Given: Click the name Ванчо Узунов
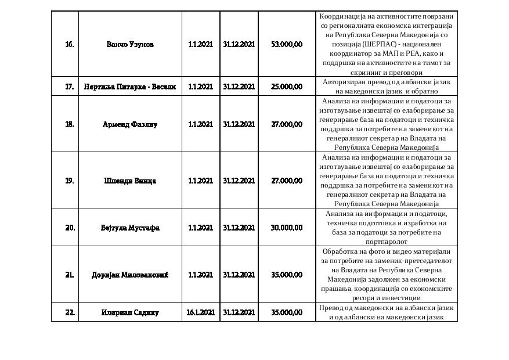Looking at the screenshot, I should coord(131,44).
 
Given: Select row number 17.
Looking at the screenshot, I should coord(69,87).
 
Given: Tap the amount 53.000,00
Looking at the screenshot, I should coord(286,44).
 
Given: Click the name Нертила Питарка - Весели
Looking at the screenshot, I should coord(130,87).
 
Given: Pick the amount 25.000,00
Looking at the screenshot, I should coord(286,87).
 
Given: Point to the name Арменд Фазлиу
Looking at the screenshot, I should coord(130,124).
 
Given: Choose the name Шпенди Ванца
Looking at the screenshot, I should coord(130,181).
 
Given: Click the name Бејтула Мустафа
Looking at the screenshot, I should coord(130,228).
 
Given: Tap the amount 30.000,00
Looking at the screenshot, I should coord(286,228).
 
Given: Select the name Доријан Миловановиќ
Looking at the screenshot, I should coord(130,275).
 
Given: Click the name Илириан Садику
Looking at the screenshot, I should coord(130,312).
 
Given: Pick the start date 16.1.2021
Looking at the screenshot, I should coord(200,312).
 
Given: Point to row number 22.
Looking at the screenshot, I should coord(70,312).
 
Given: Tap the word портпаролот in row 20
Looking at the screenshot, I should coord(387,241).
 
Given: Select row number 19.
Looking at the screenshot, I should coord(69,181).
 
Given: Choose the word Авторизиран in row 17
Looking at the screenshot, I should coord(344,82).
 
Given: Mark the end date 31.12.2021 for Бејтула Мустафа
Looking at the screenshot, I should coord(239,228).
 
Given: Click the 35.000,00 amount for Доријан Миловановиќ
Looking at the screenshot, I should coord(286,275).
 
